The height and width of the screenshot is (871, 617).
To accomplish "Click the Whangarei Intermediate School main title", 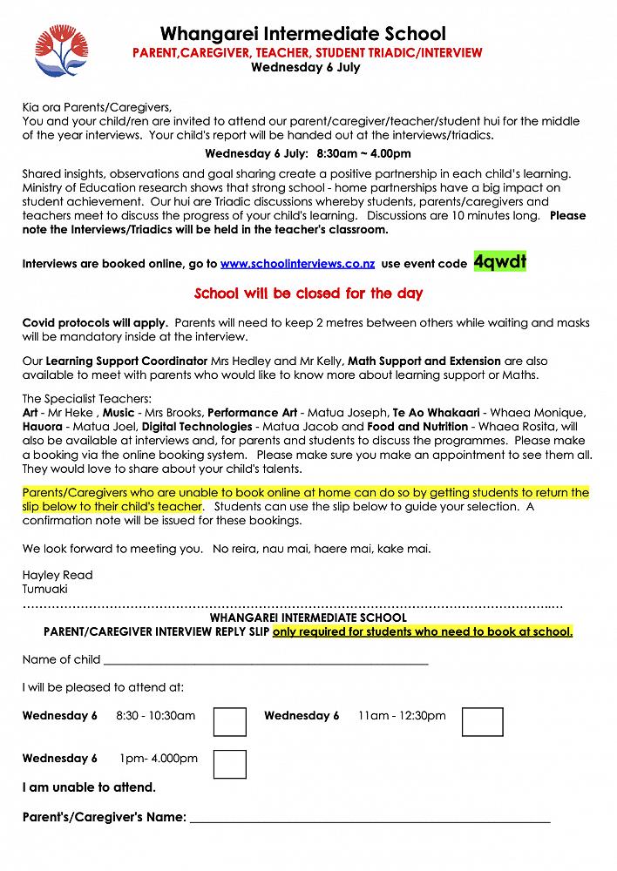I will [x=303, y=34].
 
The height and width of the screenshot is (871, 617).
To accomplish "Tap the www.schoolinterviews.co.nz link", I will [x=297, y=264].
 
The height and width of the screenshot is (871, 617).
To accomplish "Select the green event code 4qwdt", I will [x=499, y=262].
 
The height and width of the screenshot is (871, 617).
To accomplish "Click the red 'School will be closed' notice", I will [x=308, y=294].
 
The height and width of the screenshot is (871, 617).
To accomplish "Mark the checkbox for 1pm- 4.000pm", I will [x=230, y=764].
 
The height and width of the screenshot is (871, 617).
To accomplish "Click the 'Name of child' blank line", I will [x=266, y=661].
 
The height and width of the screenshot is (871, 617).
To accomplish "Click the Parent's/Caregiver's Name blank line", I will [x=370, y=819].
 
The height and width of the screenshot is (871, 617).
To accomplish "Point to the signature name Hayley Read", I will [x=58, y=575].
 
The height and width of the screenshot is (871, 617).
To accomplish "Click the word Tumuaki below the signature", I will [x=44, y=589].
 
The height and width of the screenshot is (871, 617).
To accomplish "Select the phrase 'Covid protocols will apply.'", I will [x=95, y=323].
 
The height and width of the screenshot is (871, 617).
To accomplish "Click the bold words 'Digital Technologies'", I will [x=196, y=427].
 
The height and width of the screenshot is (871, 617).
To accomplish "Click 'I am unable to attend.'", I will [x=89, y=787].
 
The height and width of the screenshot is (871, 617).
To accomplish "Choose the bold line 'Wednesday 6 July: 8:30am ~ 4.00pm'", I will [x=308, y=154].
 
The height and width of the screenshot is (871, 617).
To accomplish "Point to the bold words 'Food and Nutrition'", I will [x=416, y=427].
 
